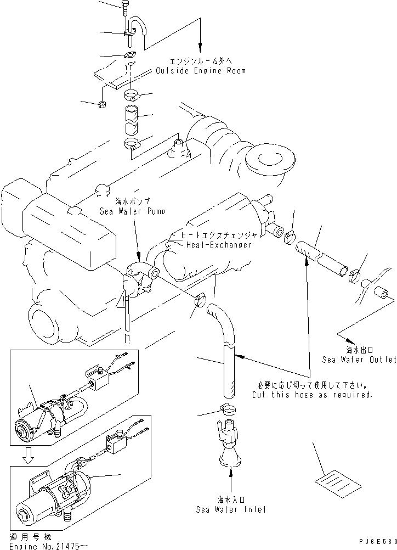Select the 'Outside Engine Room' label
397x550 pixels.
[200, 71]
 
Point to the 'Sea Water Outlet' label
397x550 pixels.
[359, 360]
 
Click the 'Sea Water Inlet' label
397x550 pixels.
[231, 509]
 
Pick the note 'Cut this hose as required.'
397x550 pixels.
[312, 395]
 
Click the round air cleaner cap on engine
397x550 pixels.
[266, 160]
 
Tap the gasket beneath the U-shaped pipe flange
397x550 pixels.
[131, 54]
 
